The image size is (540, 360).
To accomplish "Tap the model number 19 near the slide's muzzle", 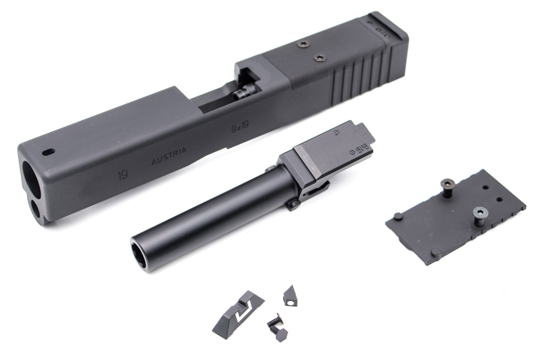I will [x=123, y=175].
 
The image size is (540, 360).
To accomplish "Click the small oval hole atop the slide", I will [x=48, y=152].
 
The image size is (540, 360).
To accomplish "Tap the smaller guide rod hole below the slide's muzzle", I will [x=35, y=209].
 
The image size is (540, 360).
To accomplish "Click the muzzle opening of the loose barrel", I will [x=138, y=254].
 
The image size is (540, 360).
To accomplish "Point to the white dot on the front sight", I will [x=290, y=302].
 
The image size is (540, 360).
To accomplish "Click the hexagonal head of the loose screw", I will [x=281, y=334].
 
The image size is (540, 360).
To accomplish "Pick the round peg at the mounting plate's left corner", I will [x=398, y=216].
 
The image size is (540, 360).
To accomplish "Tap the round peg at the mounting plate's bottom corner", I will [x=435, y=252].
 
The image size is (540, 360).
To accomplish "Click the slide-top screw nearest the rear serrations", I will [x=319, y=58].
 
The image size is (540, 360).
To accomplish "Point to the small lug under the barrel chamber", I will [x=293, y=204].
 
